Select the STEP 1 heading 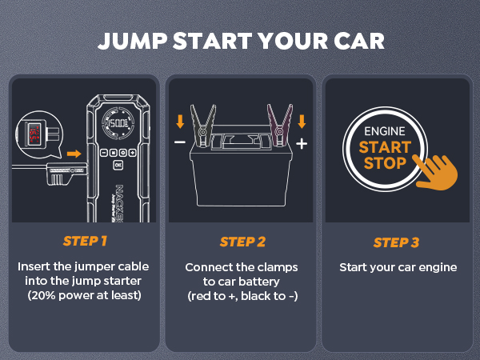84,242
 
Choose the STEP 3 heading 398,242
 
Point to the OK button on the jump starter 118,164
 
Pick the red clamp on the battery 282,127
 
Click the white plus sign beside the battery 302,144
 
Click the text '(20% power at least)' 84,295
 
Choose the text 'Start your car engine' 398,266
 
